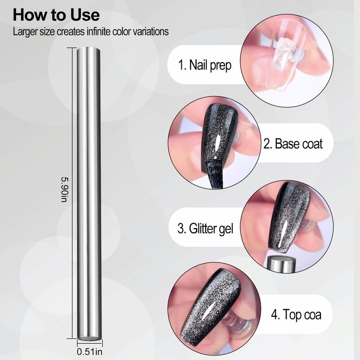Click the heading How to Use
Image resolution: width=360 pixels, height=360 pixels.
56,15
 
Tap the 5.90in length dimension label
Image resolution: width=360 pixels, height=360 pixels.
64,189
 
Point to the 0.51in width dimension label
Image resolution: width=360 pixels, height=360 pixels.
90,351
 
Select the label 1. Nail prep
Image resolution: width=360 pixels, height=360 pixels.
205,65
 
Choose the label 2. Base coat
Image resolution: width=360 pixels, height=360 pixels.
293,144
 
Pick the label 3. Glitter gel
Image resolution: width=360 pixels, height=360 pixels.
205,229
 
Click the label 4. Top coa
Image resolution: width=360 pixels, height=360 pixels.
296,314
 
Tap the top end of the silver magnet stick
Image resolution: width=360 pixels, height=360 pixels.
88,49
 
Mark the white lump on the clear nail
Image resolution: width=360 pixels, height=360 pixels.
283,52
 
